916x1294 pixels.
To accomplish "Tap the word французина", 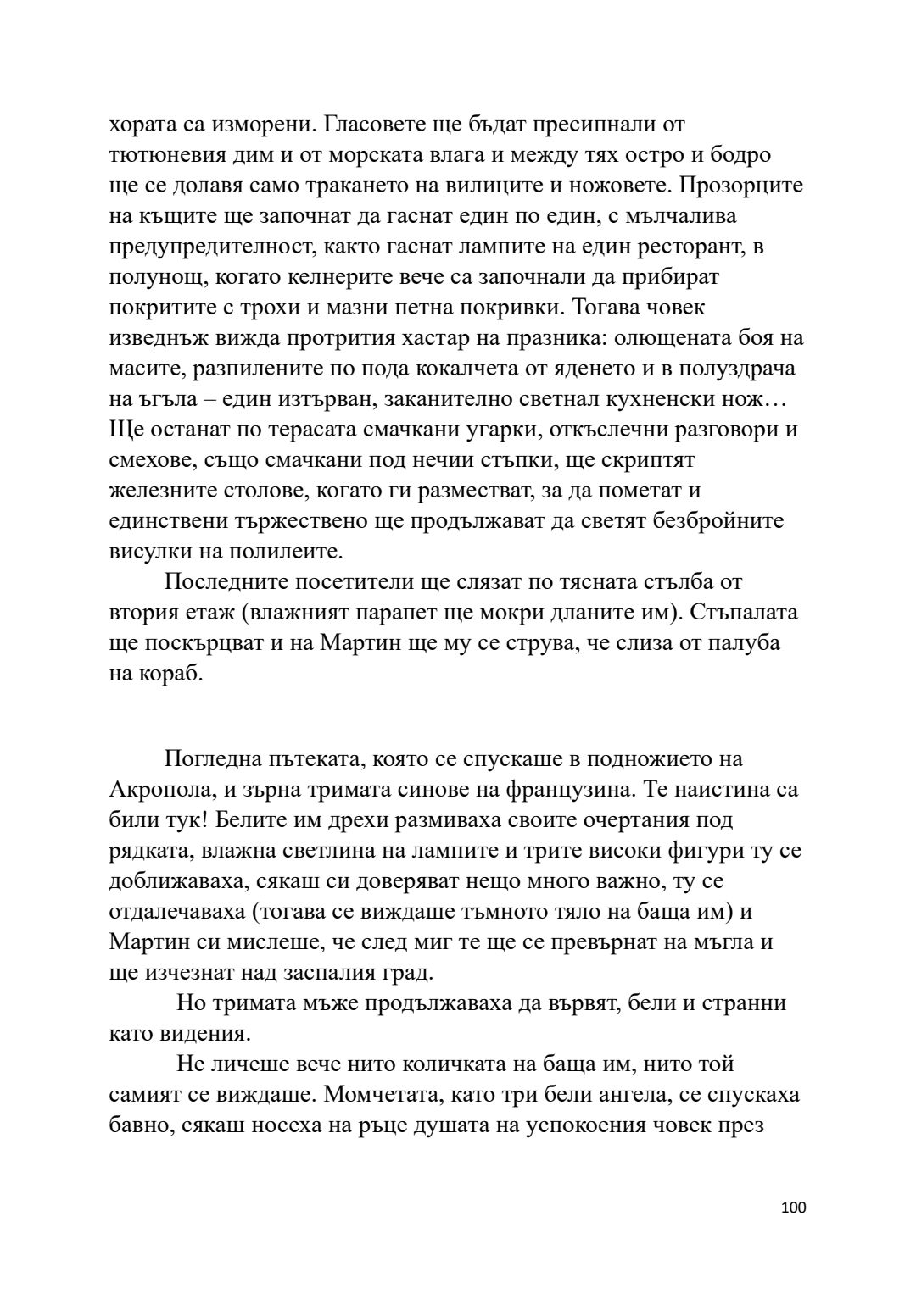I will pyautogui.click(x=567, y=791).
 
